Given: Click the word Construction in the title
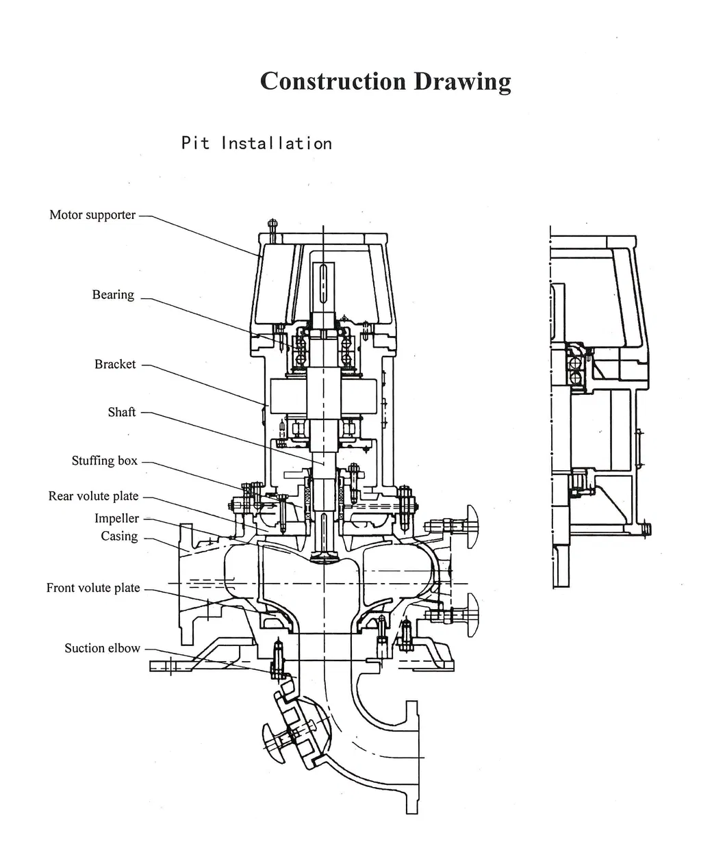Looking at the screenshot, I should pos(333,81).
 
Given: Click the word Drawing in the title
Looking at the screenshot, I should pos(462,82).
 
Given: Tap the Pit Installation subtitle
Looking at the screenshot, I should pos(256,144).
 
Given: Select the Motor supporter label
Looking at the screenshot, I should pos(92,215).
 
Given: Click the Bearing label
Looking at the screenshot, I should pos(113,295).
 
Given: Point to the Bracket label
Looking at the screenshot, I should pos(115,364).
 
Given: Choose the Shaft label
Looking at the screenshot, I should pos(122,412).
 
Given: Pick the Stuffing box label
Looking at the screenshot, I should pos(105,461).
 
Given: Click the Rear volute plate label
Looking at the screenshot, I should pos(93,496).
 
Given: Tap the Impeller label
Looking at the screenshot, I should pos(116,518).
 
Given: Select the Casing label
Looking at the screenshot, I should pos(119,536).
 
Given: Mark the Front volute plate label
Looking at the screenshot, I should pos(93,588).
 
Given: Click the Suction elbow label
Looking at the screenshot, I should pos(102,648).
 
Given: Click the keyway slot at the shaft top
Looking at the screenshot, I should pos(322,281).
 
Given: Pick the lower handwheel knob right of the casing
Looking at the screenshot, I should pos(472,615).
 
